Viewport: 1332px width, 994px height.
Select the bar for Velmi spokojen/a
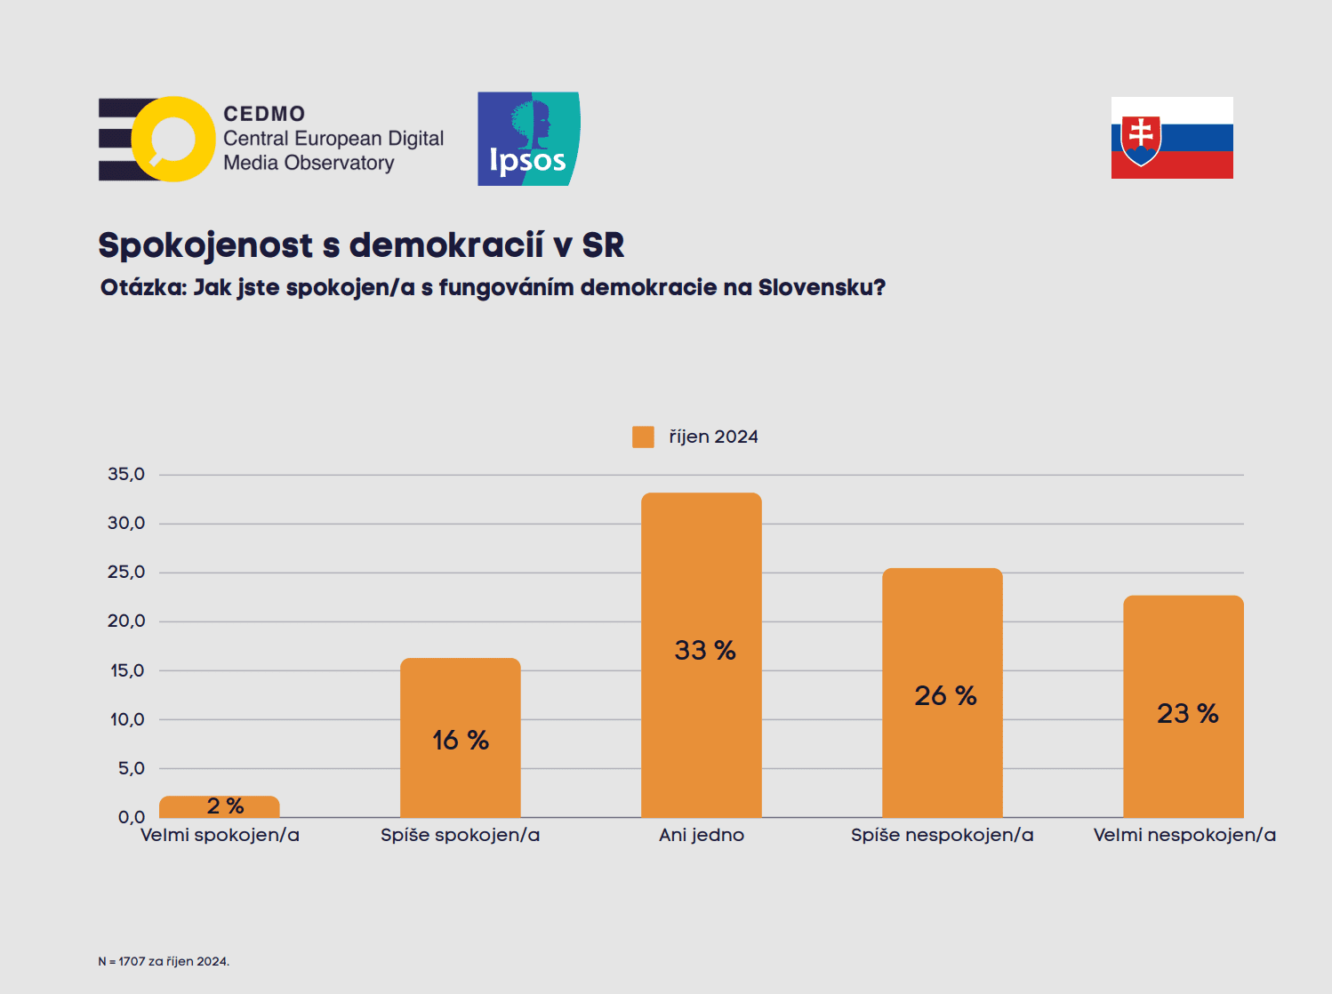[219, 807]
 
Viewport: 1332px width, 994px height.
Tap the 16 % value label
[461, 740]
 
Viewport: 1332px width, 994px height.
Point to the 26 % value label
[945, 695]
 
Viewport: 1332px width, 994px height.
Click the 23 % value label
[1187, 713]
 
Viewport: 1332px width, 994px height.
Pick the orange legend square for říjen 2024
[643, 437]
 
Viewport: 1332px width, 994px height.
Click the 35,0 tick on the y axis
[126, 474]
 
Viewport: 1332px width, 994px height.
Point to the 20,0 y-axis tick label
[126, 621]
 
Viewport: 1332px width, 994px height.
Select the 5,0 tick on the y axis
[131, 768]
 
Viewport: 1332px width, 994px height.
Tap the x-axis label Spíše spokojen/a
[460, 835]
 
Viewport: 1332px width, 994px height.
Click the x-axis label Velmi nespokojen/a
[1184, 835]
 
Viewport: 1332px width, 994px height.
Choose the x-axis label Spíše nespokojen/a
[942, 835]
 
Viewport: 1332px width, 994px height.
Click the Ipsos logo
[528, 139]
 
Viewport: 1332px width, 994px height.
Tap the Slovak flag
[1172, 138]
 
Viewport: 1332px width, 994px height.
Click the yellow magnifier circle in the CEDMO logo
[173, 139]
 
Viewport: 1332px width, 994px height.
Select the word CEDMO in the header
[264, 114]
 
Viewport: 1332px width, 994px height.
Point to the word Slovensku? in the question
[822, 287]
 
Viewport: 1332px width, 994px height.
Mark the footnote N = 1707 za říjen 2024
[164, 961]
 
